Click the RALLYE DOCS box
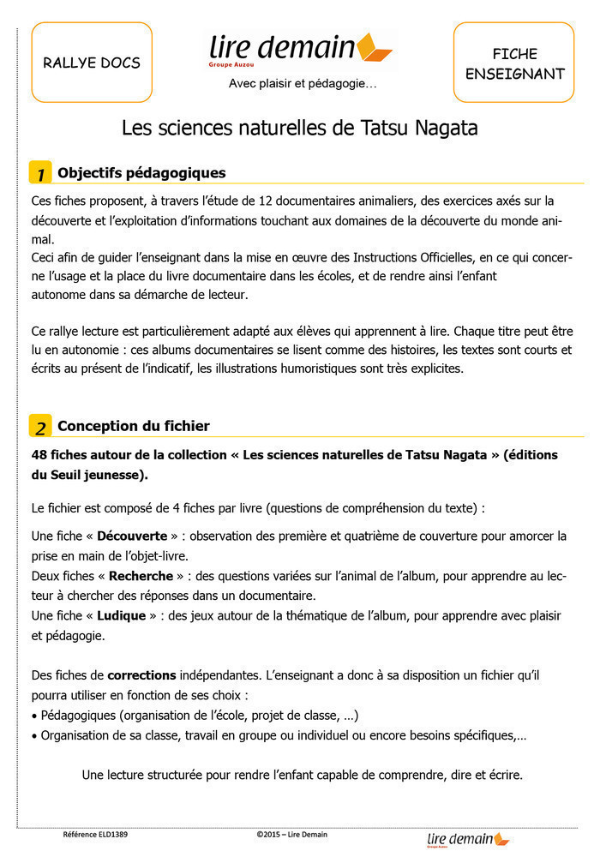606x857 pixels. click(92, 63)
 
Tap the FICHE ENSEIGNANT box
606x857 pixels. click(514, 63)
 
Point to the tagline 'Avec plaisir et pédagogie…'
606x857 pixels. click(302, 84)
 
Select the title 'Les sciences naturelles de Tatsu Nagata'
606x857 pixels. click(299, 129)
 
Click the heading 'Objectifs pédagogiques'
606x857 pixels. click(141, 173)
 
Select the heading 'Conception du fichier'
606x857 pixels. click(133, 426)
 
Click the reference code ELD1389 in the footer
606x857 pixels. click(95, 834)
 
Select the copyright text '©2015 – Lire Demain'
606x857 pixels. click(291, 834)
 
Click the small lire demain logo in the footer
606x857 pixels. click(468, 839)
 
